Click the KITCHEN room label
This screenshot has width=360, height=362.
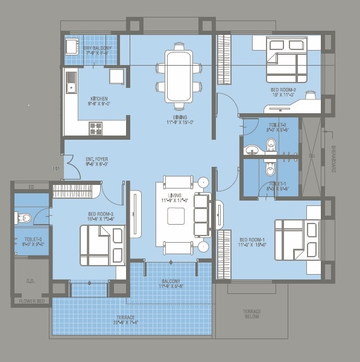pyautogui.click(x=99, y=99)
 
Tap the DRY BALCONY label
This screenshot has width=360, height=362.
pyautogui.click(x=96, y=48)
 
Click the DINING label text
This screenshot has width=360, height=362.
pyautogui.click(x=180, y=117)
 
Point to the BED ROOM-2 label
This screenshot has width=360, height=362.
pyautogui.click(x=283, y=90)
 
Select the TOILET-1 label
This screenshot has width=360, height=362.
pyautogui.click(x=277, y=183)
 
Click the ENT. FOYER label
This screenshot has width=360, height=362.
pyautogui.click(x=96, y=160)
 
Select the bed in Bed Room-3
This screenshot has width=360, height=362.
pyautogui.click(x=102, y=245)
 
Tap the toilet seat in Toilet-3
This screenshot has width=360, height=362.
pyautogui.click(x=24, y=218)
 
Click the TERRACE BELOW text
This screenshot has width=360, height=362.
pyautogui.click(x=251, y=314)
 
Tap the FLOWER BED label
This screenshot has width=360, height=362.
pyautogui.click(x=29, y=300)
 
